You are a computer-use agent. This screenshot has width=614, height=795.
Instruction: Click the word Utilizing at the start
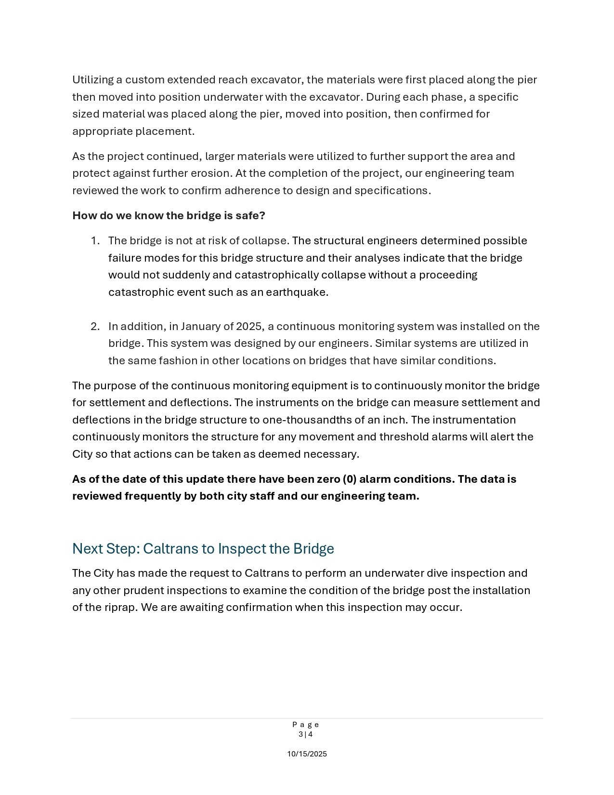pyautogui.click(x=93, y=79)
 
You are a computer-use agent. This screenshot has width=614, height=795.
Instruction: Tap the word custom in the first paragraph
pyautogui.click(x=144, y=79)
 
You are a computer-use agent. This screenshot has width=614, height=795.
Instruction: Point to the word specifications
pyautogui.click(x=392, y=190)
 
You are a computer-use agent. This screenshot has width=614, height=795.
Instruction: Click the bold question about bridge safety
pyautogui.click(x=169, y=215)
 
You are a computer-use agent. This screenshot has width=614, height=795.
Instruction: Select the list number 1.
pyautogui.click(x=95, y=240)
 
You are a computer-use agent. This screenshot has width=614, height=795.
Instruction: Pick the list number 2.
pyautogui.click(x=95, y=326)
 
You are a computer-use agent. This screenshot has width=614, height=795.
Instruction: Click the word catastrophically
pyautogui.click(x=276, y=275)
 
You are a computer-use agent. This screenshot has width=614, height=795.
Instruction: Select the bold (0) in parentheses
pyautogui.click(x=350, y=479)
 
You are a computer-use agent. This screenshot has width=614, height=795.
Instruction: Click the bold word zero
pyautogui.click(x=328, y=479)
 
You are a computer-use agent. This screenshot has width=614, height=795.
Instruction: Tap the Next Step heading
pyautogui.click(x=203, y=549)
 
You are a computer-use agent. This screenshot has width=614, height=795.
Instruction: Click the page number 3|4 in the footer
pyautogui.click(x=306, y=734)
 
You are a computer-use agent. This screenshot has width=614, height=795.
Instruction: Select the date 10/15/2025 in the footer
pyautogui.click(x=307, y=754)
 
